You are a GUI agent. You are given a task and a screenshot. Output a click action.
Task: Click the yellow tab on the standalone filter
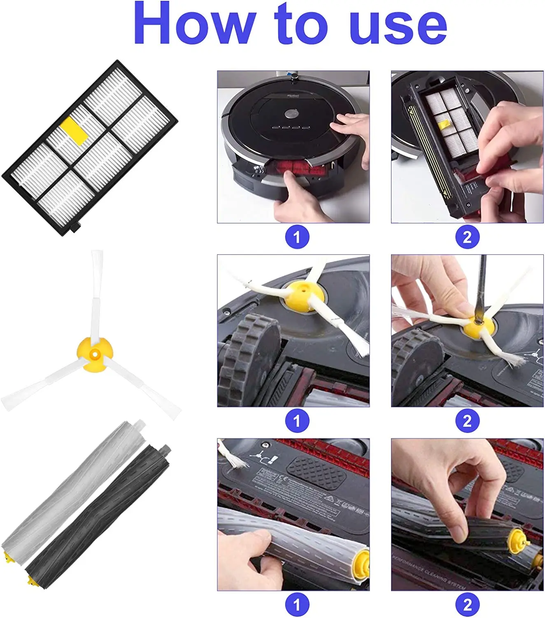(x=74, y=131)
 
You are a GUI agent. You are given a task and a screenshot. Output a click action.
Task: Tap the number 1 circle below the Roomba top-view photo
(x=297, y=237)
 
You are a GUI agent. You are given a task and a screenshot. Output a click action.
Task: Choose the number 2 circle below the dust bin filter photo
(x=467, y=237)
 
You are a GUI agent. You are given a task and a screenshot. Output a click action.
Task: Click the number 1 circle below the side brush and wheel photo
(x=297, y=421)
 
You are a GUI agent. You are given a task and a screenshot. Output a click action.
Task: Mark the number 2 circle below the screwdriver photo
(x=467, y=421)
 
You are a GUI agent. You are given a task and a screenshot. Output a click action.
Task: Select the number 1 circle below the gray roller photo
(x=297, y=604)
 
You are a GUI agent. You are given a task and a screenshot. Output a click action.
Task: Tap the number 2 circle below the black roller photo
(x=467, y=604)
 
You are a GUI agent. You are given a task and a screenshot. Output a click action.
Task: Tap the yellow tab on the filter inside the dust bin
(x=443, y=125)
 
